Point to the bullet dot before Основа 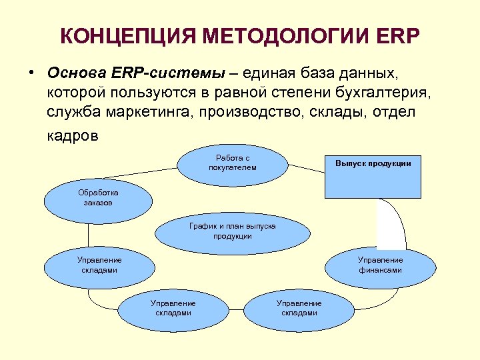(x=32, y=72)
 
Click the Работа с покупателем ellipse (x=232, y=163)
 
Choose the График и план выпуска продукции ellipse (x=232, y=231)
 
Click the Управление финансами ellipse (x=379, y=265)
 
